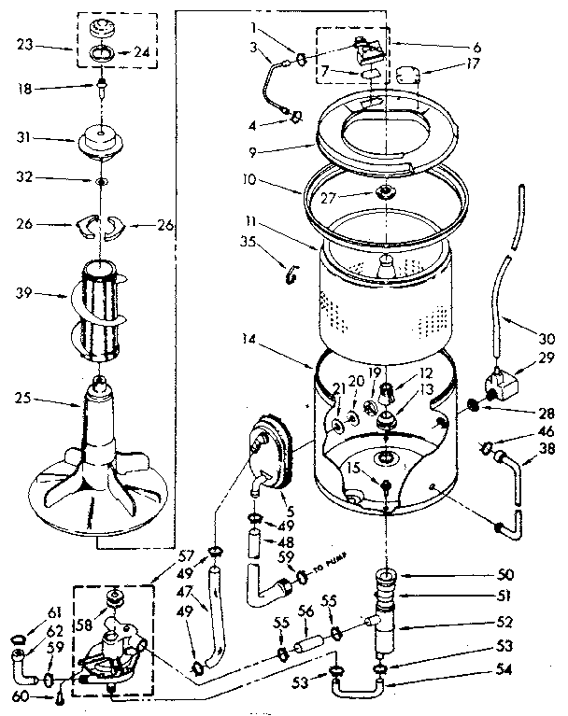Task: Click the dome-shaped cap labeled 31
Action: (x=102, y=141)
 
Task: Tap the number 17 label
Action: (x=447, y=66)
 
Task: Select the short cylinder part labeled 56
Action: (x=306, y=645)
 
